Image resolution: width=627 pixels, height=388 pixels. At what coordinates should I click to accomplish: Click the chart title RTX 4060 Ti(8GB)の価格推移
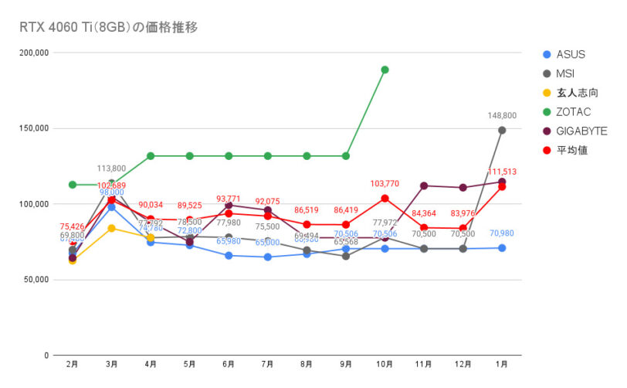click(x=109, y=27)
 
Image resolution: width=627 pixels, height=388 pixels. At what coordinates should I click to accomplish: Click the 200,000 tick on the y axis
click(x=33, y=53)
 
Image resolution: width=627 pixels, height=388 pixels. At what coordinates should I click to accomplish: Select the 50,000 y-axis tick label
click(x=36, y=280)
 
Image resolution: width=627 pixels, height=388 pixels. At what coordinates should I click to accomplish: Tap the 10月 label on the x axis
click(x=385, y=364)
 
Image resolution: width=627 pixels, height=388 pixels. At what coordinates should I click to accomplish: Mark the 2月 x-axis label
click(x=73, y=364)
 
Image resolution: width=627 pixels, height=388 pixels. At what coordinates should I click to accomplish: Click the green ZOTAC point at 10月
click(x=385, y=70)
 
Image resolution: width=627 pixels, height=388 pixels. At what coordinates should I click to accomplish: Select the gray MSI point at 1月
click(x=502, y=131)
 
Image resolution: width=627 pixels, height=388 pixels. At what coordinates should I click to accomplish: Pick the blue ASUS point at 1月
click(x=502, y=248)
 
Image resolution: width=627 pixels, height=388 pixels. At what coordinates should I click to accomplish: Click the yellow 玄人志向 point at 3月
click(x=111, y=228)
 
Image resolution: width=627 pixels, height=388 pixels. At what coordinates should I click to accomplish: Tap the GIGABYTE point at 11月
click(x=424, y=185)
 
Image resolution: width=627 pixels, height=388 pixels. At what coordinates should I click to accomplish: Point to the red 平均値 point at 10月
click(x=385, y=199)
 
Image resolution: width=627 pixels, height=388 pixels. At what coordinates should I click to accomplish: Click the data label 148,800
click(x=502, y=116)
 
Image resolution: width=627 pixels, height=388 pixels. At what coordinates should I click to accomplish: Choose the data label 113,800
click(x=111, y=168)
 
